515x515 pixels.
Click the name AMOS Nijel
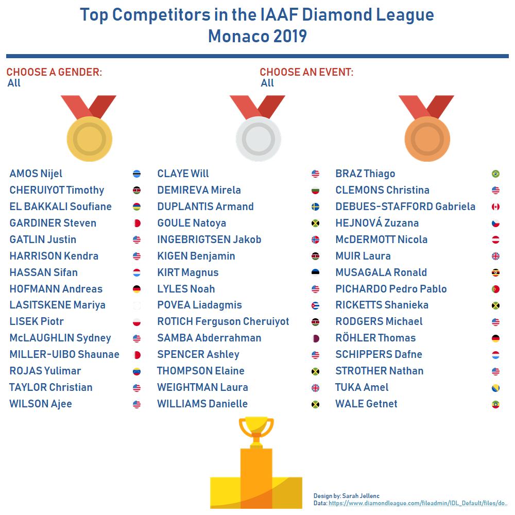[x=36, y=174]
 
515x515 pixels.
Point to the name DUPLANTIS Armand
[x=205, y=207]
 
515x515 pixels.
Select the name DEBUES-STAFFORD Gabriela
[x=405, y=207]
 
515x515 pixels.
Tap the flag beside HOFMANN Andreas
[x=136, y=289]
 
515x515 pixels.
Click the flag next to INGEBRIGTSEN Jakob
[x=315, y=239]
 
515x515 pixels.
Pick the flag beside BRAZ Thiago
[x=495, y=174]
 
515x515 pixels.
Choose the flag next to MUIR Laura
[x=495, y=256]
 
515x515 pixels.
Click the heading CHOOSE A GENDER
[x=54, y=72]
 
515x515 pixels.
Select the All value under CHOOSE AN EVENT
[x=267, y=83]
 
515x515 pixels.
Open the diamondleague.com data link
[x=418, y=503]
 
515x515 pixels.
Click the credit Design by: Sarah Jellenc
[x=346, y=496]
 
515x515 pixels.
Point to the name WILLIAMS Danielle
[x=202, y=404]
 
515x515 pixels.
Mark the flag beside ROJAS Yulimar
[x=136, y=371]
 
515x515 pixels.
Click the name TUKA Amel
[x=362, y=387]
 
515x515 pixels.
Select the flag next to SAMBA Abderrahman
[x=315, y=338]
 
